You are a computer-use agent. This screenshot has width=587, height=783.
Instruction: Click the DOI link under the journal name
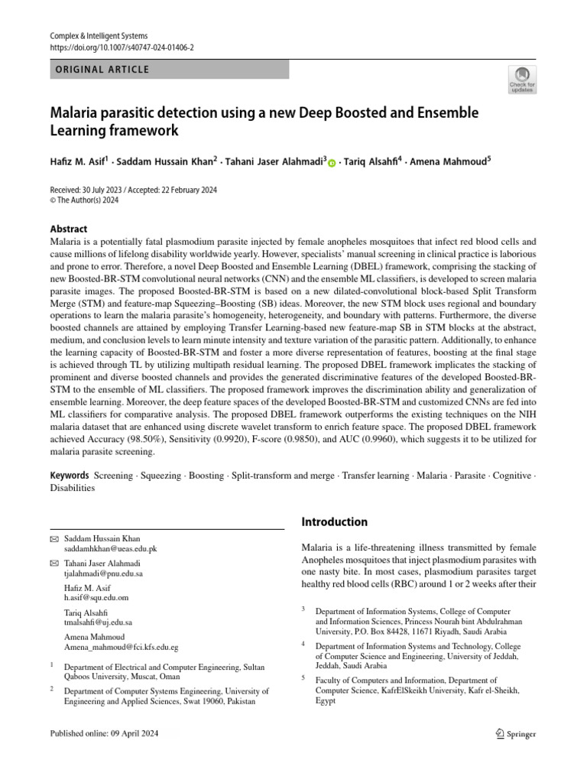(122, 47)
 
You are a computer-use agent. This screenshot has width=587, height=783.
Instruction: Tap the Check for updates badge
(523, 80)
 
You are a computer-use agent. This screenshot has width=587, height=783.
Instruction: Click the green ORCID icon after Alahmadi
(332, 162)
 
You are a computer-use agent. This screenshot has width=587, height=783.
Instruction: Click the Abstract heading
(69, 229)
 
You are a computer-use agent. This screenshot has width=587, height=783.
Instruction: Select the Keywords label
(70, 476)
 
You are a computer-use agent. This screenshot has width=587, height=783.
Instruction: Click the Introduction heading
(334, 522)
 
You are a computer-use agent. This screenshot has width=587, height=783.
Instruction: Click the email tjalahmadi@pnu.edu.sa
(103, 573)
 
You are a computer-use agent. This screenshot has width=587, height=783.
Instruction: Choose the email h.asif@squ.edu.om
(96, 597)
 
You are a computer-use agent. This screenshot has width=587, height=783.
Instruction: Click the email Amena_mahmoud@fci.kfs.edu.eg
(122, 647)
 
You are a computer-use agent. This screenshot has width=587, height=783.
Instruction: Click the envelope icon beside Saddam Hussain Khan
(54, 539)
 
